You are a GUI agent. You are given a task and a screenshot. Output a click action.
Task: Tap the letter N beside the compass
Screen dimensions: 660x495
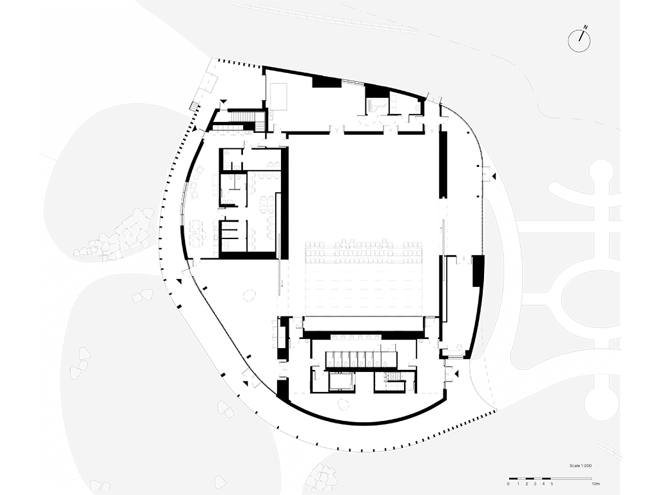(x=586, y=28)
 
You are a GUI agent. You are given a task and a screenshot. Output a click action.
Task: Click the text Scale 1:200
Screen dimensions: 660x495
(x=581, y=465)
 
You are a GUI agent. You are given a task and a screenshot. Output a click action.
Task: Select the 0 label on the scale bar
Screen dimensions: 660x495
(x=509, y=483)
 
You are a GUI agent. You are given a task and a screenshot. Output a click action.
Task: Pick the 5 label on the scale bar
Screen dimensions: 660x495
(x=552, y=483)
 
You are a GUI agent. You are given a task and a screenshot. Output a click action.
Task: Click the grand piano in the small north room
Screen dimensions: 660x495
(x=374, y=105)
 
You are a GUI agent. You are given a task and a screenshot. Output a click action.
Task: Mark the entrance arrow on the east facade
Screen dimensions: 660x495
(x=495, y=176)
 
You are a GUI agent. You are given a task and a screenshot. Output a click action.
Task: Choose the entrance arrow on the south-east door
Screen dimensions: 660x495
(x=457, y=374)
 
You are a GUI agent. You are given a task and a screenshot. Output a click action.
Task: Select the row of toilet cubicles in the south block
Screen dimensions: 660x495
(x=362, y=358)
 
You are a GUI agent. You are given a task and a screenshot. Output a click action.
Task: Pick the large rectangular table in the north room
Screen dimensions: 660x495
(x=278, y=96)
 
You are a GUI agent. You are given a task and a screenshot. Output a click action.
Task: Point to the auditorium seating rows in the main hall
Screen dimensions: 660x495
(x=364, y=252)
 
